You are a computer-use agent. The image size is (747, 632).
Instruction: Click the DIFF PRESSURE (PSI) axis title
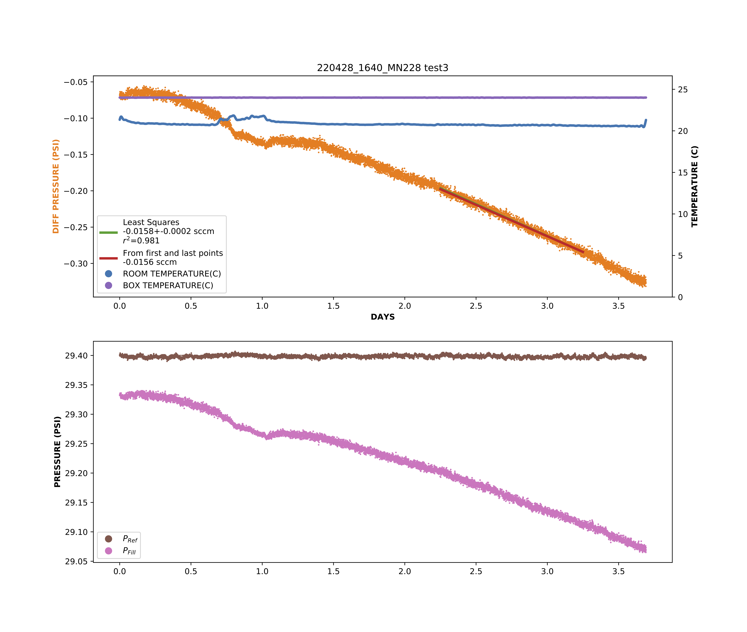[x=56, y=186]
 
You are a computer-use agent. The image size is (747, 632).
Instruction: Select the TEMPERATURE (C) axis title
[x=694, y=186]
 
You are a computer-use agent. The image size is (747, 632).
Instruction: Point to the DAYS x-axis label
[x=382, y=317]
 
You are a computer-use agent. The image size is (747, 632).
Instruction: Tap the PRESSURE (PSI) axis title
[x=57, y=451]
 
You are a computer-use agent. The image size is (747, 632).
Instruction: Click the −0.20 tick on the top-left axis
[x=76, y=191]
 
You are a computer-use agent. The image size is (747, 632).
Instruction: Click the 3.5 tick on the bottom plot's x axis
[x=618, y=571]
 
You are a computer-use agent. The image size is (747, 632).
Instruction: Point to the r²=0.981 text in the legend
[x=141, y=240]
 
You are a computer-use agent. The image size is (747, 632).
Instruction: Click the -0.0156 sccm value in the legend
[x=150, y=262]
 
